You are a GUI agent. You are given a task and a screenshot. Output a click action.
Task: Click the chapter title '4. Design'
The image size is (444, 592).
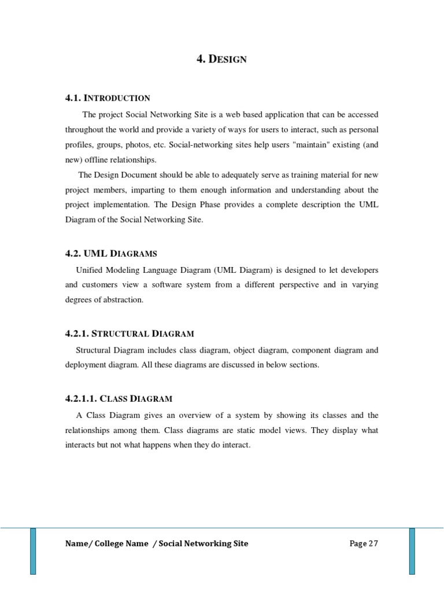pyautogui.click(x=222, y=59)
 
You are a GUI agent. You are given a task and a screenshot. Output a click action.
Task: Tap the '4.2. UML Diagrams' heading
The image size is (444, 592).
pyautogui.click(x=111, y=253)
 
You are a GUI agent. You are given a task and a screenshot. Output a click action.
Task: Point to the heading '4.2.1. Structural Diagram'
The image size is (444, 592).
pyautogui.click(x=129, y=334)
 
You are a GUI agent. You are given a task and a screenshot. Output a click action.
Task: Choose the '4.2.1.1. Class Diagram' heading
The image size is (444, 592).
pyautogui.click(x=119, y=398)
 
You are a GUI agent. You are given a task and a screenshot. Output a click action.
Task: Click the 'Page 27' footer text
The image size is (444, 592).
pyautogui.click(x=364, y=543)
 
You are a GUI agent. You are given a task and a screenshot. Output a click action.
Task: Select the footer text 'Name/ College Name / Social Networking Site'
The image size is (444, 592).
pyautogui.click(x=157, y=543)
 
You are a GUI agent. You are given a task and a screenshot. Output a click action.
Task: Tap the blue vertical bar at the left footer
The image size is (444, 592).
pyautogui.click(x=33, y=550)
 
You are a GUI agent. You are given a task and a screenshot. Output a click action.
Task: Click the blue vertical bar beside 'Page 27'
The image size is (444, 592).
pyautogui.click(x=412, y=550)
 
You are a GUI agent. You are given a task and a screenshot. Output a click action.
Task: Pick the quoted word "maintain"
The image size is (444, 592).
pyautogui.click(x=299, y=145)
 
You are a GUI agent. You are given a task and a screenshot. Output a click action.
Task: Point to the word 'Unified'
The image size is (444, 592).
pyautogui.click(x=90, y=270)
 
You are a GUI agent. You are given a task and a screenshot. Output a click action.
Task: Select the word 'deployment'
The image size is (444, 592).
pyautogui.click(x=84, y=365)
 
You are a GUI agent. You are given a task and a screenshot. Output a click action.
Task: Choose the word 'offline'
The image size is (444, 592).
pyautogui.click(x=99, y=160)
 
